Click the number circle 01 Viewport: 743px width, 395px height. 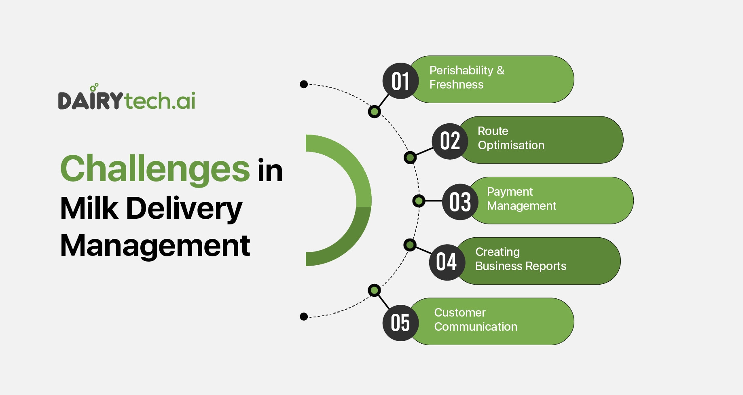tap(400, 81)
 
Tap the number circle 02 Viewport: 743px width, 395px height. tap(450, 141)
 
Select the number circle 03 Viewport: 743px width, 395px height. tap(460, 202)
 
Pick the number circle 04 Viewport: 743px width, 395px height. tap(447, 262)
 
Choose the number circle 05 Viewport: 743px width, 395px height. tap(400, 323)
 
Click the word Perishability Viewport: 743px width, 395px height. tap(461, 70)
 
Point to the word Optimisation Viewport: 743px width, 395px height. tap(511, 145)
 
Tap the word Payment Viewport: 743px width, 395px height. tap(510, 192)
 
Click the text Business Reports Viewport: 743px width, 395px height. tap(521, 266)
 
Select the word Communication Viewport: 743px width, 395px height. tap(476, 327)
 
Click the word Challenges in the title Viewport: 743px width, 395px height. tap(155, 169)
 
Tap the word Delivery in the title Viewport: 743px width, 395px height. tap(184, 208)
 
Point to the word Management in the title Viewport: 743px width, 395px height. tap(155, 245)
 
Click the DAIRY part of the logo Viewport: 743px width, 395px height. tap(90, 101)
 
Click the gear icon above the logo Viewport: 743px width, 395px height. tap(94, 87)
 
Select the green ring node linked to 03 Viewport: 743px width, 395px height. tap(419, 201)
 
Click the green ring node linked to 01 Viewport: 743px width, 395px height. tap(375, 112)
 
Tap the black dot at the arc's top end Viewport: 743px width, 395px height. tap(304, 84)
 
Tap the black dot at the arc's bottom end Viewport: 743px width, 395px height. tap(304, 317)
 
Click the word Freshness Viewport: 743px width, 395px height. tap(456, 84)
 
